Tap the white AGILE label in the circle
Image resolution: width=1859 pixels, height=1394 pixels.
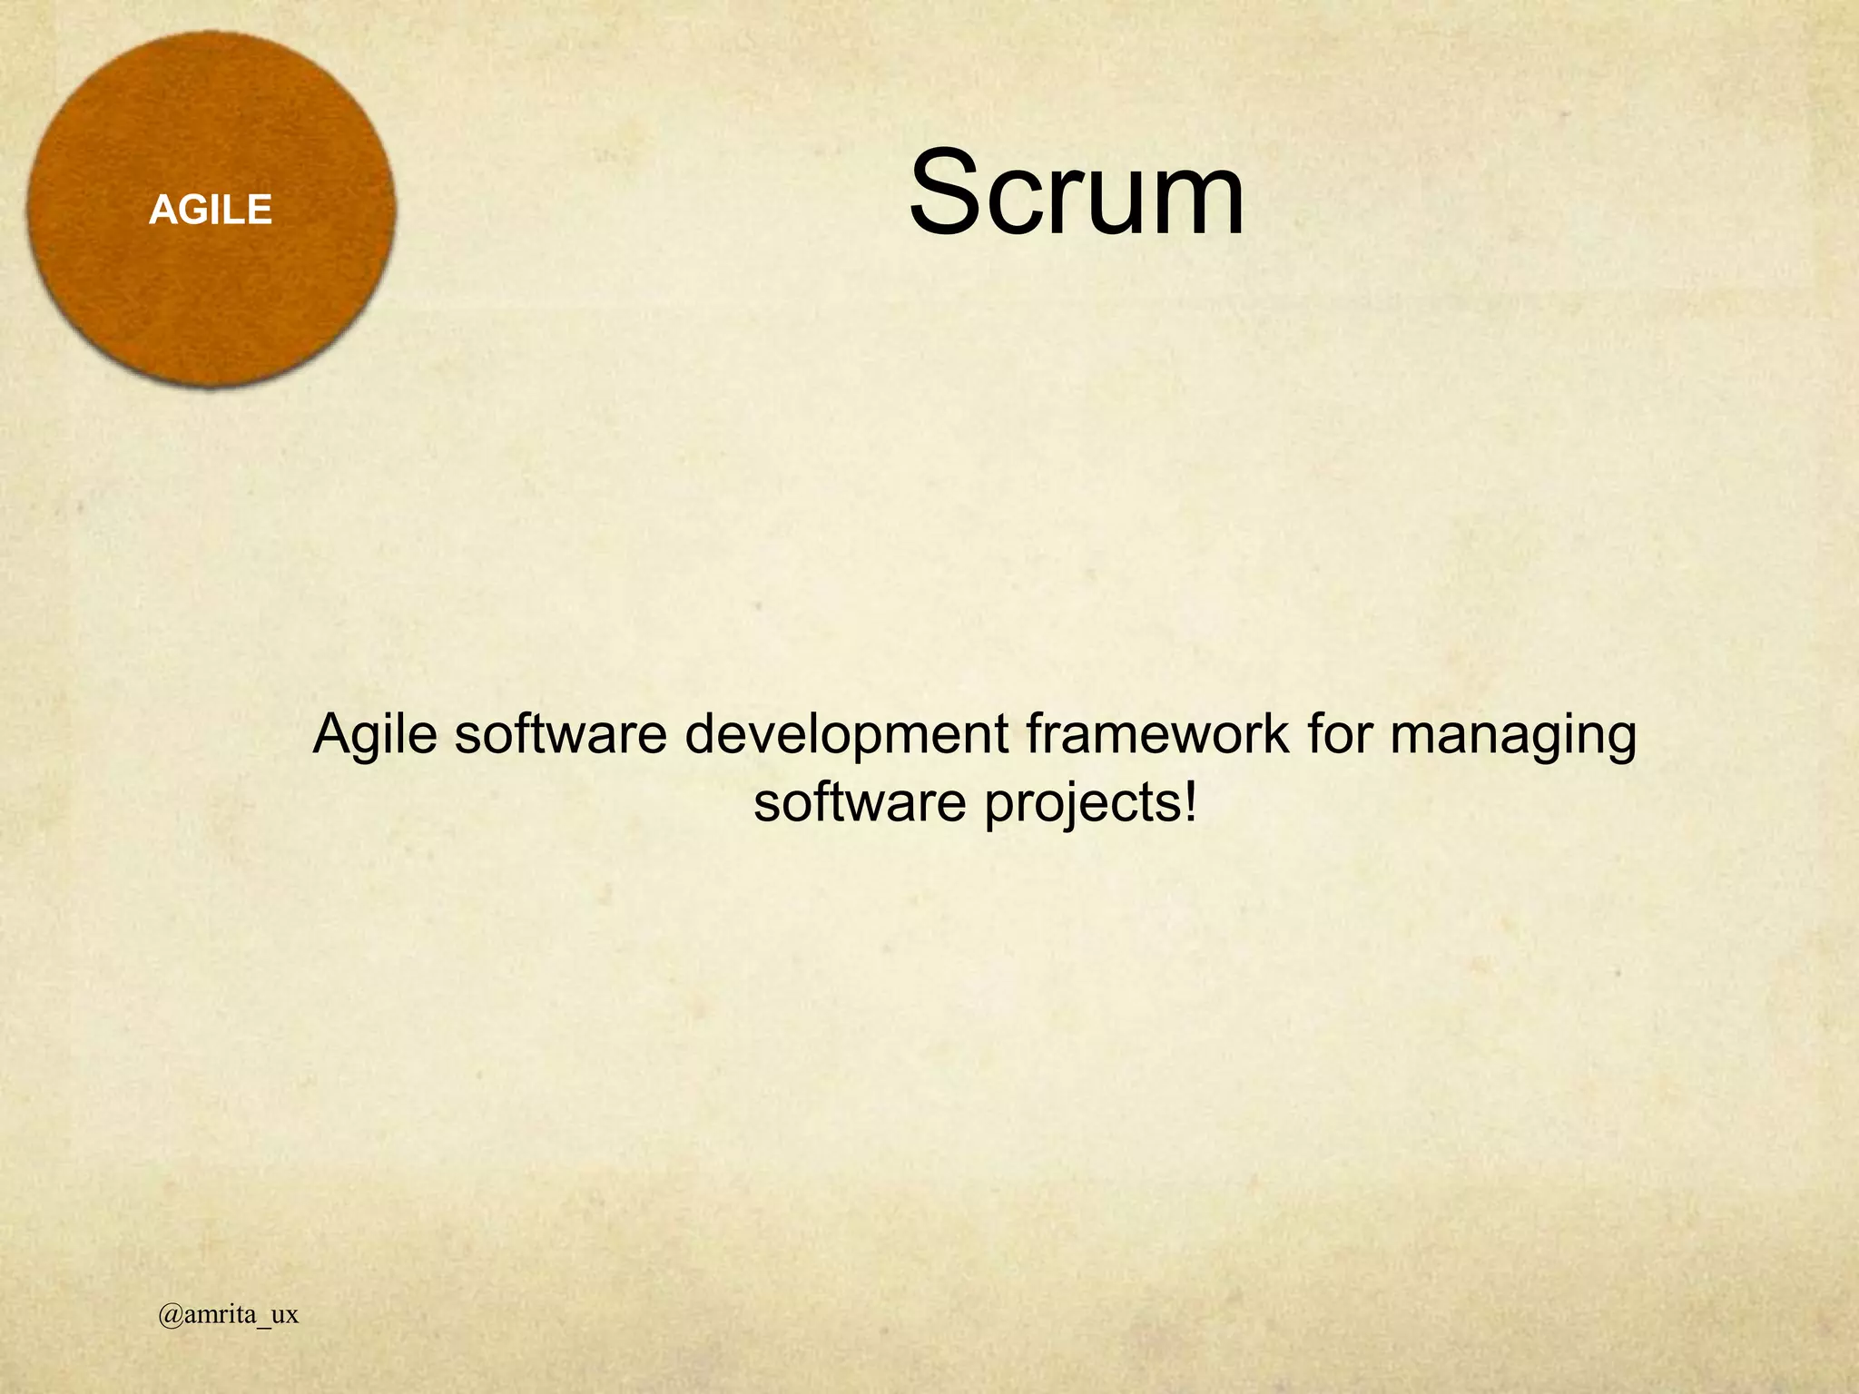[x=211, y=211]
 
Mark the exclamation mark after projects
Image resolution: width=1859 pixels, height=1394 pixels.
[x=1190, y=801]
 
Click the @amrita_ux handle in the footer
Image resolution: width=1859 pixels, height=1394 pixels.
[x=228, y=1315]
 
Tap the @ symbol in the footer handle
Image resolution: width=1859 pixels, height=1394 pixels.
[x=170, y=1315]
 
